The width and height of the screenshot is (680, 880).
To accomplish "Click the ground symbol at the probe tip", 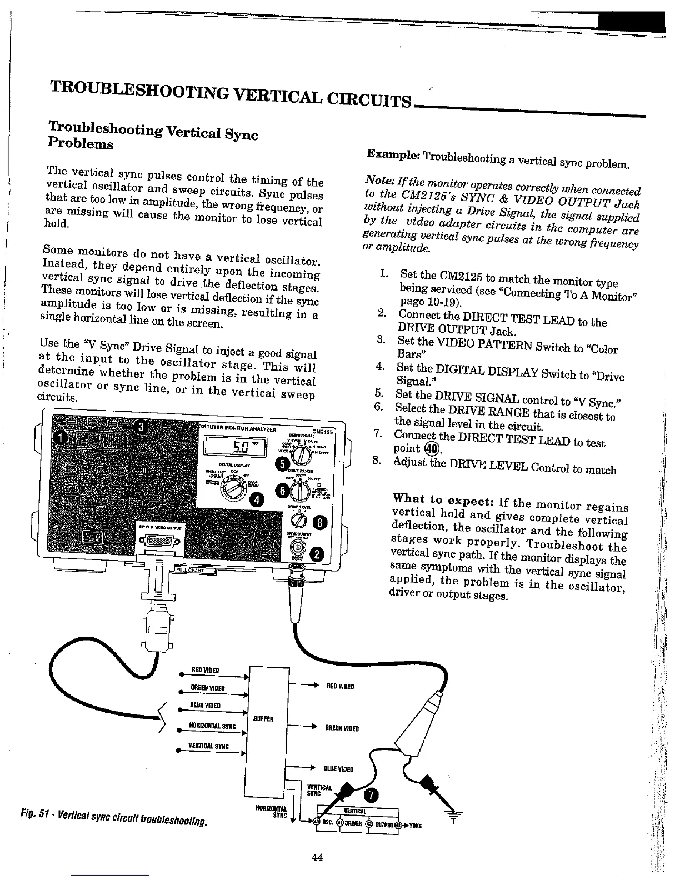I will tap(454, 814).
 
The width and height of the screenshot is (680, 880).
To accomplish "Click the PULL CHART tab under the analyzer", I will tap(190, 570).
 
